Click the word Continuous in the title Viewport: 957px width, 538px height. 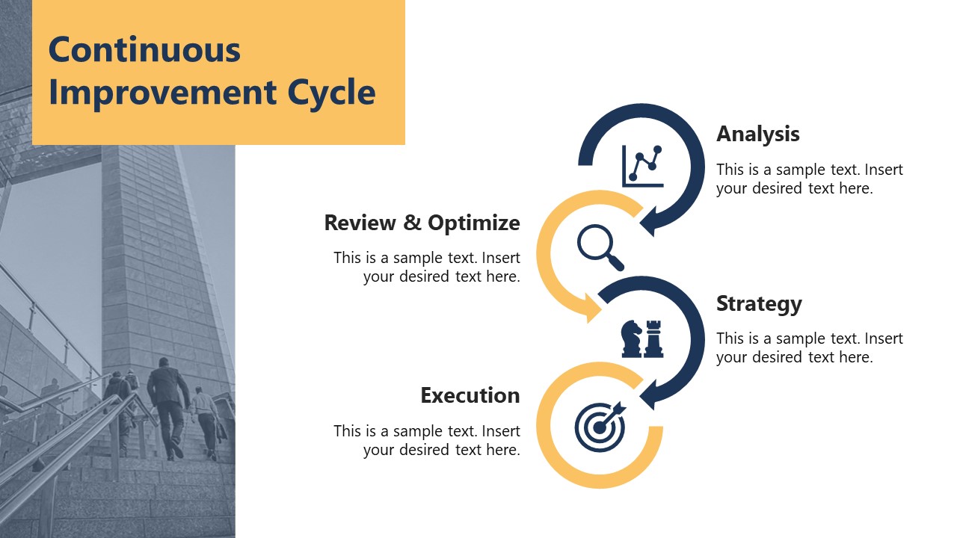tap(144, 50)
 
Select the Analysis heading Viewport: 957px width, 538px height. tap(757, 134)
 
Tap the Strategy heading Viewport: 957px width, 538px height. tap(758, 303)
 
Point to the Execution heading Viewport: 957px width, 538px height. tap(470, 395)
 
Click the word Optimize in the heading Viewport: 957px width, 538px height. tap(473, 223)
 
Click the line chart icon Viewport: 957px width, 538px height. tap(642, 165)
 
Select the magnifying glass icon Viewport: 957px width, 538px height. tap(600, 248)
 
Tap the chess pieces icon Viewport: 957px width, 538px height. tap(642, 338)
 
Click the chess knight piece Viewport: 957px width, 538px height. tap(632, 339)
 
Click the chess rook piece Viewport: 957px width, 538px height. tap(653, 338)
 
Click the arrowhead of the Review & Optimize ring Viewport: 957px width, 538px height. tap(591, 307)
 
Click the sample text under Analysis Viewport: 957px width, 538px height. tap(809, 179)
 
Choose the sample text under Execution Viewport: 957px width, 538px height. tap(427, 440)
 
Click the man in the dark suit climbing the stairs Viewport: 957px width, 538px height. tap(167, 403)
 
